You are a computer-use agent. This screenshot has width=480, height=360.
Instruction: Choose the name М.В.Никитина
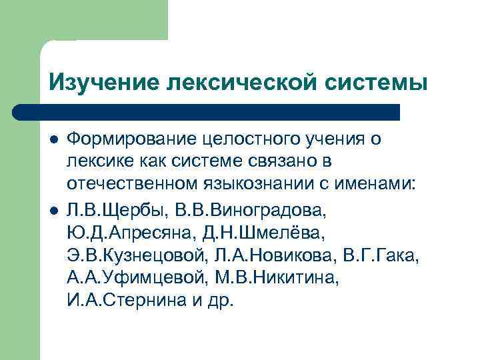(280, 278)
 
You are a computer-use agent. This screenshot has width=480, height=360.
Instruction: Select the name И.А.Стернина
(123, 300)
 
